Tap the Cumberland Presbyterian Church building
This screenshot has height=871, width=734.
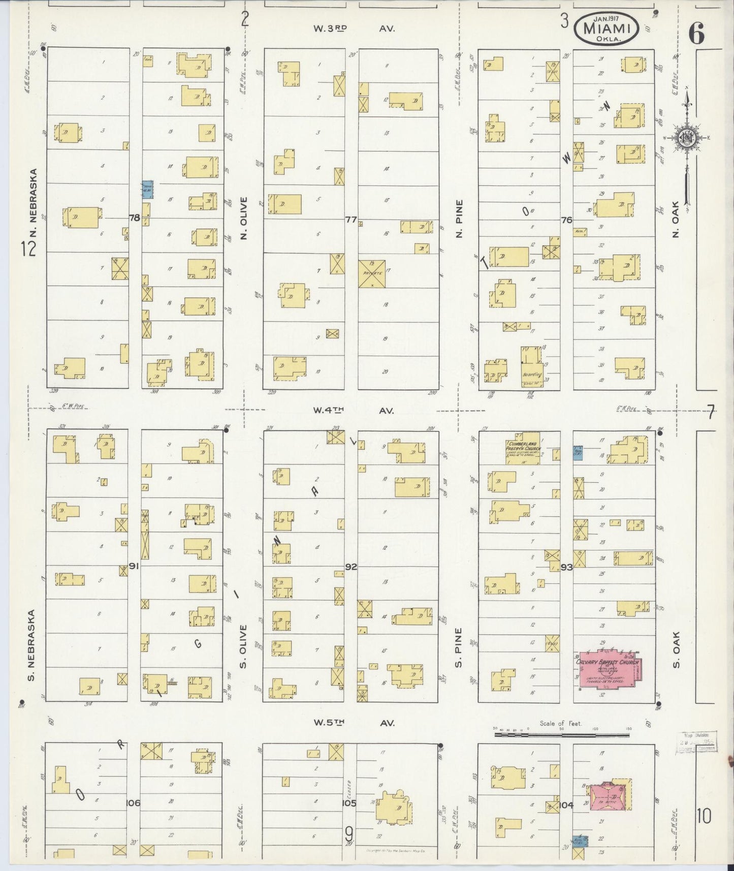(x=522, y=448)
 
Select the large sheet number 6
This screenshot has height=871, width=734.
(x=696, y=35)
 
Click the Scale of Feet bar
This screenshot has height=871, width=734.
(x=561, y=734)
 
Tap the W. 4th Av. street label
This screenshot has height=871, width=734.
(x=354, y=410)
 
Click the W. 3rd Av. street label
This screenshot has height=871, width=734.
(x=354, y=29)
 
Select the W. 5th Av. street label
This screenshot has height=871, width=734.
(x=354, y=723)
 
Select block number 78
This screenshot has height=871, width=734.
(x=134, y=218)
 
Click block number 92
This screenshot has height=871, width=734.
(x=350, y=566)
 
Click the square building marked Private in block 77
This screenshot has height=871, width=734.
(x=372, y=273)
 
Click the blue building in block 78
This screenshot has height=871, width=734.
(x=147, y=190)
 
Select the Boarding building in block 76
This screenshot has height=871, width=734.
(x=531, y=368)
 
